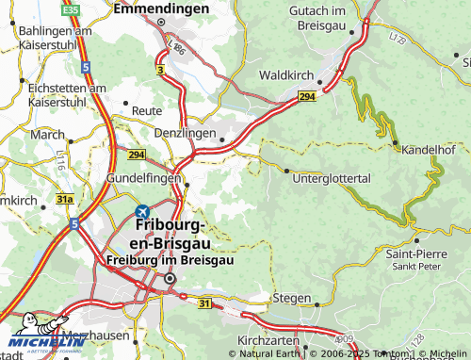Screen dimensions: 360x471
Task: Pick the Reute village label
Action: point(147,110)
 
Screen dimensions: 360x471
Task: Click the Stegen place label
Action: point(291,298)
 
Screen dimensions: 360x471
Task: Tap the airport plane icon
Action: point(142,212)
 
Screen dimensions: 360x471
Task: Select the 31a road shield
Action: point(64,200)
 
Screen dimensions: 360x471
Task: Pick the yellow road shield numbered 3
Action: point(160,71)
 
